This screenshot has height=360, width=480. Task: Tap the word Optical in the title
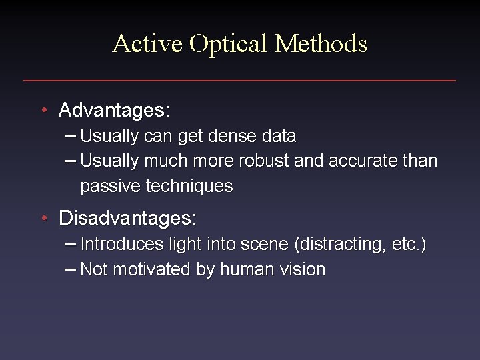[x=229, y=44]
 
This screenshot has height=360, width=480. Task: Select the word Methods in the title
[x=321, y=44]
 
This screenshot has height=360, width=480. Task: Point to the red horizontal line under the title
[x=239, y=81]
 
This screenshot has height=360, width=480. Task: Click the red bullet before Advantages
[x=43, y=109]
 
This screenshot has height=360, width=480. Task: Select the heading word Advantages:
[x=115, y=109]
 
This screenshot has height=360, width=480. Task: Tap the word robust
[x=277, y=161]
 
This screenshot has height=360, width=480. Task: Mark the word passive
[x=107, y=187]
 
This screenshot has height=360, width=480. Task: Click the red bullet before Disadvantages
[x=43, y=219]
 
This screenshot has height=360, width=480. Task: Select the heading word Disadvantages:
[x=128, y=219]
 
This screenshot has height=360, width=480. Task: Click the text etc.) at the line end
[x=407, y=245]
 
